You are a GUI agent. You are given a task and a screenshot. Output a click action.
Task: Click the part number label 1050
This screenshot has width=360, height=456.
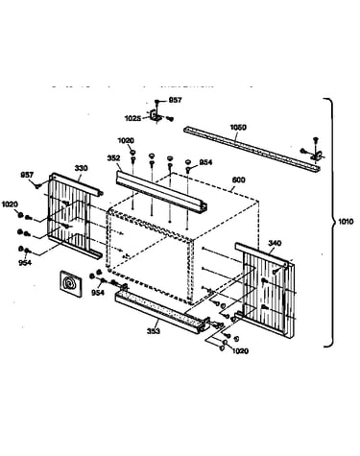point(238,128)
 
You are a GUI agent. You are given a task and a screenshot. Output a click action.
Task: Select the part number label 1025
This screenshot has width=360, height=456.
point(132,119)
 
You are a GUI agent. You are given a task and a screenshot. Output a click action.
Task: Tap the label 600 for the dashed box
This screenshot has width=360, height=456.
point(238,180)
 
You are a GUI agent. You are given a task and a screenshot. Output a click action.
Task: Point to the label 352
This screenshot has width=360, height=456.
point(113,158)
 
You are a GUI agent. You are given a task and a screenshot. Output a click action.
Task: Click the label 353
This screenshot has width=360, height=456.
point(154,331)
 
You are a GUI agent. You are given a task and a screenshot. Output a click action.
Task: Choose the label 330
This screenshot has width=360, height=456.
point(81,168)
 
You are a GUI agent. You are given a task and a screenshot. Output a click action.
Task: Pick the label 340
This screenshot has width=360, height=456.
point(275,243)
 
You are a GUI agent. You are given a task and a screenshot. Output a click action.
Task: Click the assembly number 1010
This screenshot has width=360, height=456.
point(346,221)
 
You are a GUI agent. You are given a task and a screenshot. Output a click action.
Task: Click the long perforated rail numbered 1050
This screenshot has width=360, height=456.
point(252,149)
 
